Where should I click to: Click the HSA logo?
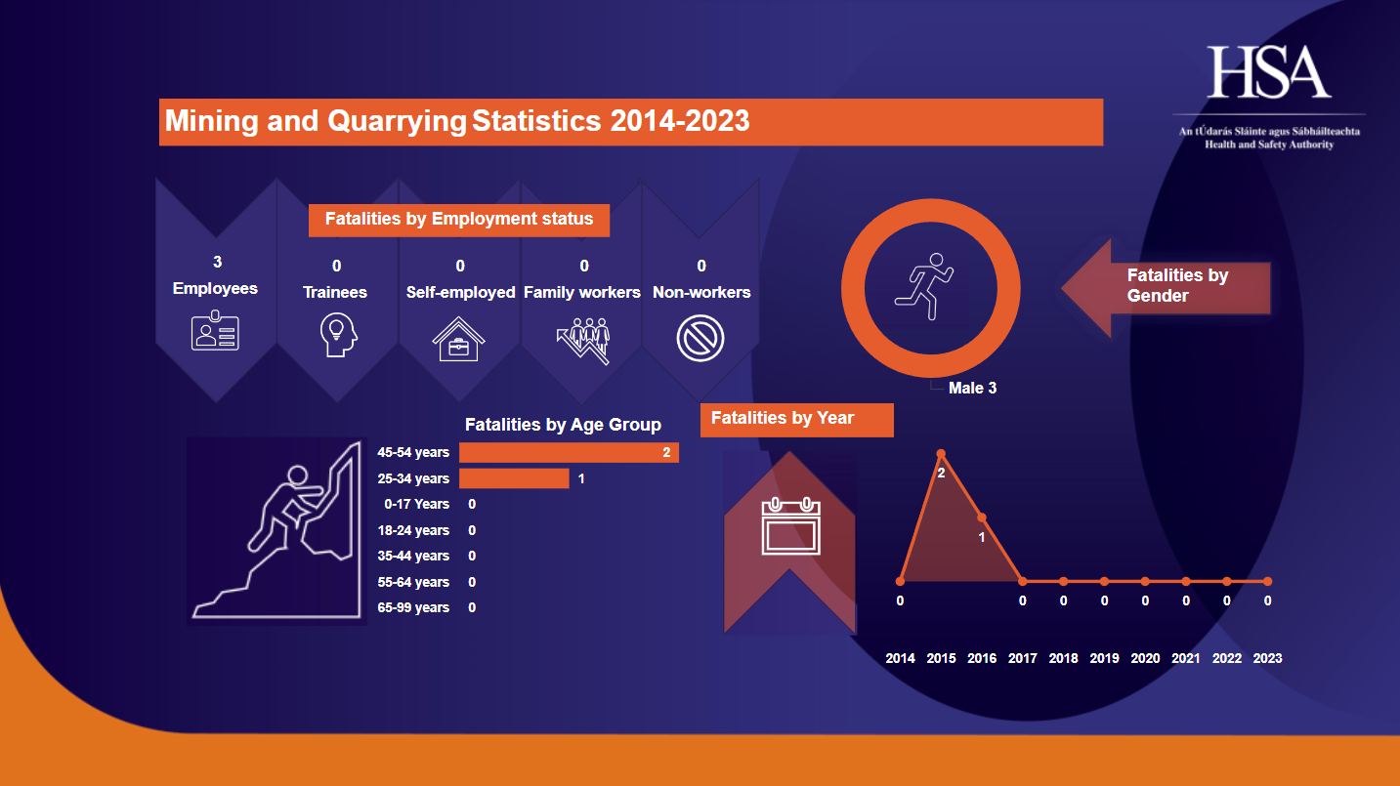coord(1269,72)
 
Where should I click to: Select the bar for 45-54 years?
coord(569,452)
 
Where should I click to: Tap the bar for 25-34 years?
coord(514,478)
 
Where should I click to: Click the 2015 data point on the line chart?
coord(941,453)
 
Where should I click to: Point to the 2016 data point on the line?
coord(982,517)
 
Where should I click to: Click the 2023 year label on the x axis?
coord(1267,658)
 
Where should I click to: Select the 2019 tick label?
coord(1104,658)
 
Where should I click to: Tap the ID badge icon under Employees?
coord(215,332)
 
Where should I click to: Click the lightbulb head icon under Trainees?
coord(335,335)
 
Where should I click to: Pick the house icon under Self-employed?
coord(459,338)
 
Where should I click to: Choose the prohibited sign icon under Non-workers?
coord(700,338)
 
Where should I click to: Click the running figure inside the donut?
coord(923,286)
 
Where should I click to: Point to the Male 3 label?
coord(972,389)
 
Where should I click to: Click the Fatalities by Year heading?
coord(783,419)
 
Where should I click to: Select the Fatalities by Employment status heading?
coord(459,219)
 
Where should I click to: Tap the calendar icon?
coord(790,527)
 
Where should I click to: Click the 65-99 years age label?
coord(413,607)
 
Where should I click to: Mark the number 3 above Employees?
coord(217,262)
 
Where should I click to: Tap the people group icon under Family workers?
coord(583,338)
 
